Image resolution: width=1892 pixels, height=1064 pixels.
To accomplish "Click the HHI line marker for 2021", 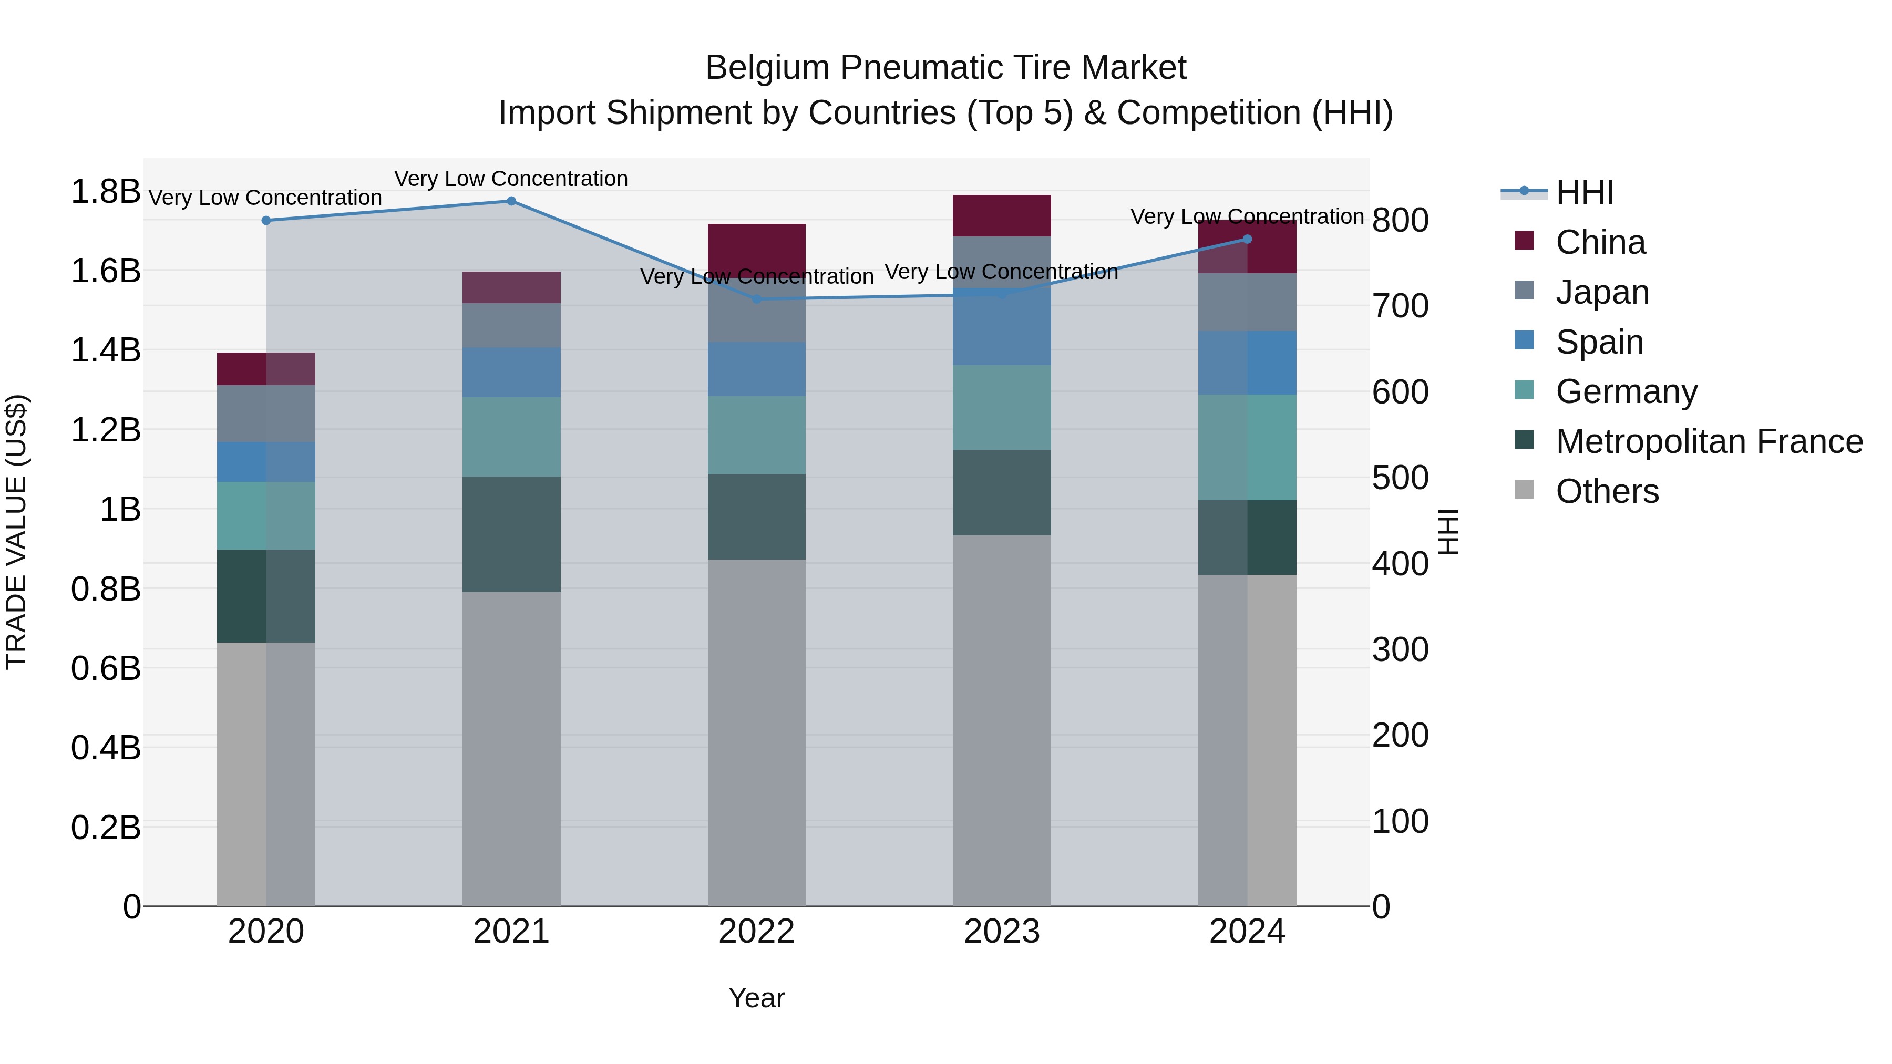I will (x=511, y=201).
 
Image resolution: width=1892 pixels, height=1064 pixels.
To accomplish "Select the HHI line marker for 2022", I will (x=756, y=299).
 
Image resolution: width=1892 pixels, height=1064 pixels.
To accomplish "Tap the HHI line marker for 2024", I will (x=1247, y=240).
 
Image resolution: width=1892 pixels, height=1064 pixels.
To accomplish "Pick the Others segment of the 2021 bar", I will (x=511, y=749).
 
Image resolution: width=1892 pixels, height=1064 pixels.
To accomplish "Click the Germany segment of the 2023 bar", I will (x=1002, y=408).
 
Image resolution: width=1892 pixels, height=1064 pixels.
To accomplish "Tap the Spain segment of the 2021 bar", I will (x=511, y=373).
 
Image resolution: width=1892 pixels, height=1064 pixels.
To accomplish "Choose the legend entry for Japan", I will (x=1602, y=292).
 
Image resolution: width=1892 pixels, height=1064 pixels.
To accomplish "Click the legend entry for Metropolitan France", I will (x=1709, y=441).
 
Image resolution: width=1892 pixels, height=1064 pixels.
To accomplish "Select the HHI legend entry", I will (x=1584, y=192).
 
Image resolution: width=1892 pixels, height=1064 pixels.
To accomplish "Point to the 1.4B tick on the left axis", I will (x=105, y=350).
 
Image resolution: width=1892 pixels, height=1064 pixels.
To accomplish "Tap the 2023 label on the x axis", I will (x=1002, y=932).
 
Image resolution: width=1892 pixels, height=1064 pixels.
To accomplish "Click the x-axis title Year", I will (x=756, y=998).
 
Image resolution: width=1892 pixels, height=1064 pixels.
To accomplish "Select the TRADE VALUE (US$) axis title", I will (x=16, y=532).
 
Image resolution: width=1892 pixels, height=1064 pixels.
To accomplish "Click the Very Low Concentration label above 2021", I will (x=511, y=179).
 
